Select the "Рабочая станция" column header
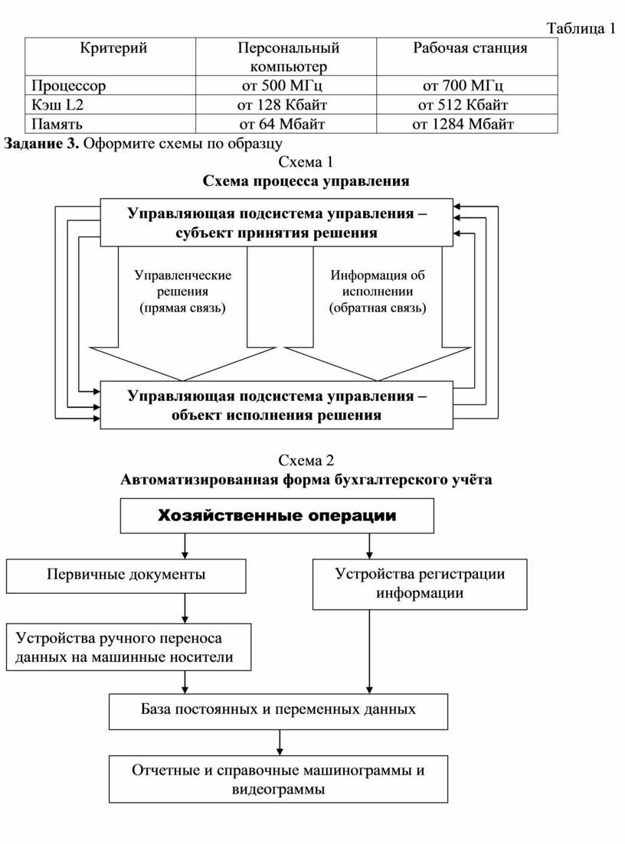pos(470,48)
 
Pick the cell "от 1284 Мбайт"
pos(463,123)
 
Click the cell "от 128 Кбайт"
pos(283,104)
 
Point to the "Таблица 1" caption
pos(580,29)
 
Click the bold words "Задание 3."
pos(42,142)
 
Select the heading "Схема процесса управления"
pos(306,181)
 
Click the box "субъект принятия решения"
pos(277,223)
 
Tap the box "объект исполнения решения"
pos(277,406)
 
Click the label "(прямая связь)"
pos(182,308)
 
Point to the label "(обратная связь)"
pos(378,308)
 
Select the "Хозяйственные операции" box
pos(277,515)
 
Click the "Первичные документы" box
pos(126,575)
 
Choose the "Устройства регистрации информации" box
pos(420,584)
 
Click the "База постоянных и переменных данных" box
pos(278,710)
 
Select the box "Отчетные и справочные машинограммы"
pos(278,779)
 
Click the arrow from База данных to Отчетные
pos(280,741)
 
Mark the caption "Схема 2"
pos(306,461)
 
